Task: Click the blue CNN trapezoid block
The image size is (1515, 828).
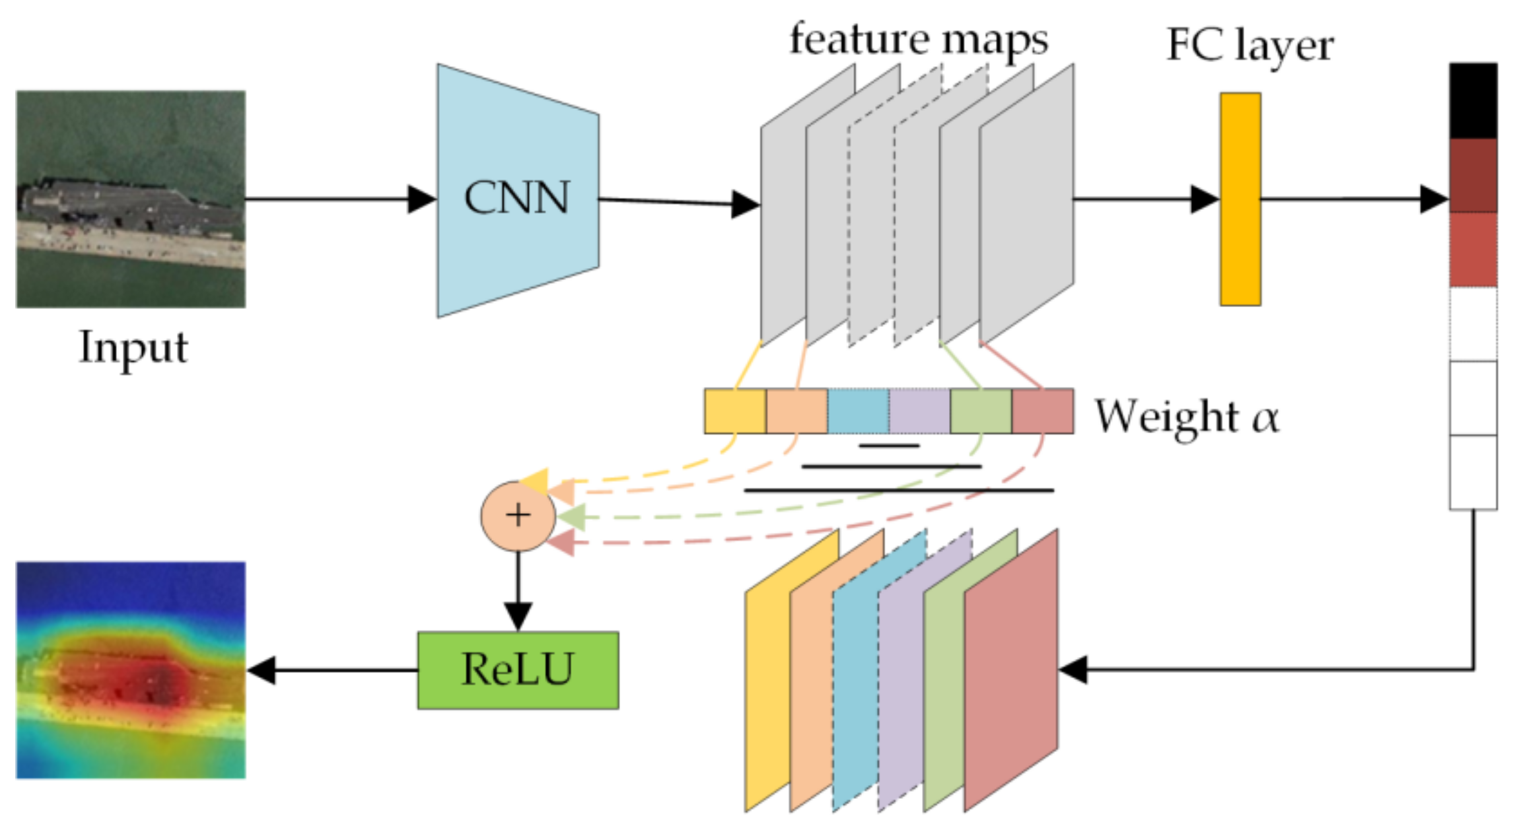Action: pos(517,191)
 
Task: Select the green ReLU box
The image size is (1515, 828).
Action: pos(518,670)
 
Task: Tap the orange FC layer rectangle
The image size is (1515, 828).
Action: pos(1240,199)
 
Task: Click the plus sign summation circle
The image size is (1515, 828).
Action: pos(518,515)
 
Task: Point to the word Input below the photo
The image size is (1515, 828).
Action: pos(133,347)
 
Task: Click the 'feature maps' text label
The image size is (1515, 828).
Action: pos(918,40)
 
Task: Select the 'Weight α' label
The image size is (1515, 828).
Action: pos(1187,417)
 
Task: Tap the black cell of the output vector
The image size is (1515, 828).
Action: pos(1473,100)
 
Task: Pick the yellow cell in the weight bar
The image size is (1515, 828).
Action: pos(734,411)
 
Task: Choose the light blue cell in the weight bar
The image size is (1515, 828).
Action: pos(857,411)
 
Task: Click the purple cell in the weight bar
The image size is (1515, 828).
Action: pos(919,411)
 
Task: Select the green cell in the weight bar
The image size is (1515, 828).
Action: pos(981,411)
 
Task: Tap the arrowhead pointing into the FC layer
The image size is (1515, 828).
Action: pos(1204,199)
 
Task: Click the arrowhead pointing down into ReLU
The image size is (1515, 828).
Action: pos(518,616)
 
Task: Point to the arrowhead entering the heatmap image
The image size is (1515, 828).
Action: pos(262,670)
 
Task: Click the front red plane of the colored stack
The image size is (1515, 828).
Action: pos(1010,670)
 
